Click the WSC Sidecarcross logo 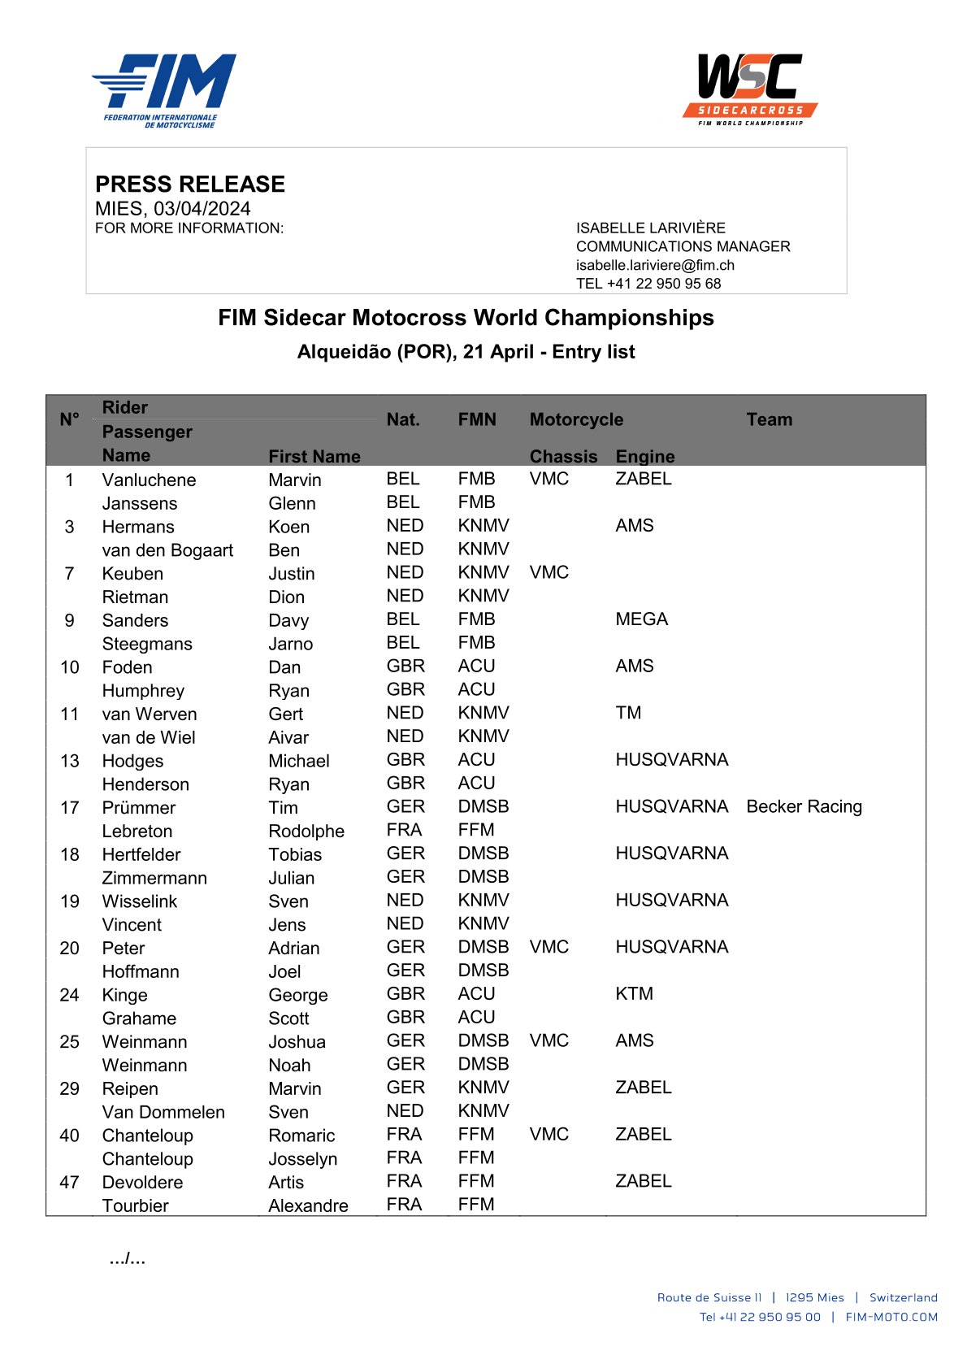click(749, 89)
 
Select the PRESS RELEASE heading click(190, 184)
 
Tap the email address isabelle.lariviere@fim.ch click(655, 265)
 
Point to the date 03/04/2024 click(202, 209)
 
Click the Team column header click(769, 419)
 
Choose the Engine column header click(645, 456)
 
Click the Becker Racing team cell click(804, 806)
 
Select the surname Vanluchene click(149, 480)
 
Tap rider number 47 click(69, 1182)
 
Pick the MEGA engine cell click(641, 619)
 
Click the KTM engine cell click(634, 993)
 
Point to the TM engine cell click(628, 713)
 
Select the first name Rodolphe click(306, 831)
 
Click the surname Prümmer click(139, 807)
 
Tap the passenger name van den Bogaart click(167, 550)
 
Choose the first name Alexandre click(308, 1205)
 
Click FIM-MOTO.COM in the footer click(891, 1317)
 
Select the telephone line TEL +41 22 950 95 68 click(648, 284)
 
